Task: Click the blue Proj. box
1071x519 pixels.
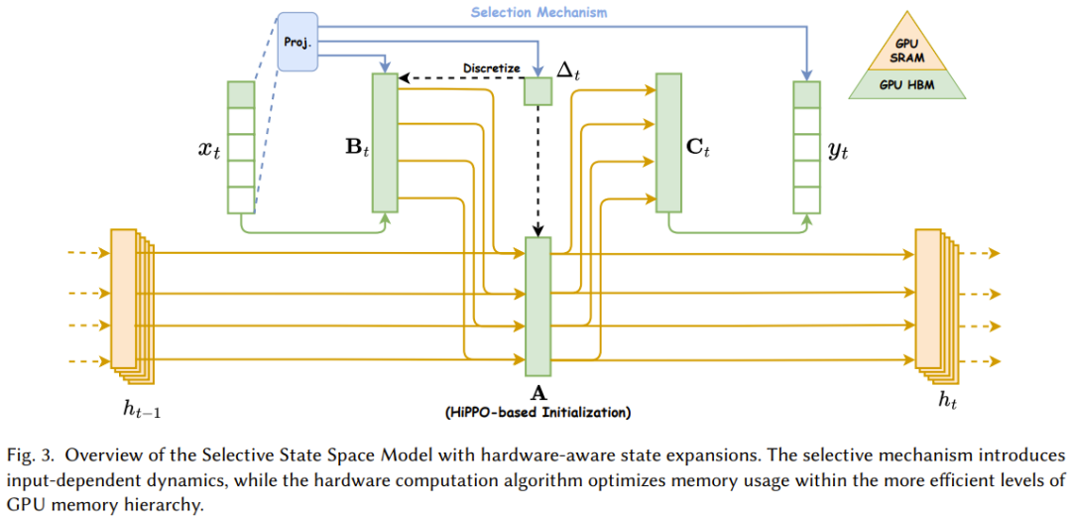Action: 297,44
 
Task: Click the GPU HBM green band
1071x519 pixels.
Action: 907,86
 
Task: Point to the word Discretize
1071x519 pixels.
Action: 491,68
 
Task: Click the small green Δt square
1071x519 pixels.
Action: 537,91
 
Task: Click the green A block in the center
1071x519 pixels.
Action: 537,302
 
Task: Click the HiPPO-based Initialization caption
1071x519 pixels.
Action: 538,411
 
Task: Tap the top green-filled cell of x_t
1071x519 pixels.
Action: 241,94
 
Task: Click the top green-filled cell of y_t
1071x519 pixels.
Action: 807,94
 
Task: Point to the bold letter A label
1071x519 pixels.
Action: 537,393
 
